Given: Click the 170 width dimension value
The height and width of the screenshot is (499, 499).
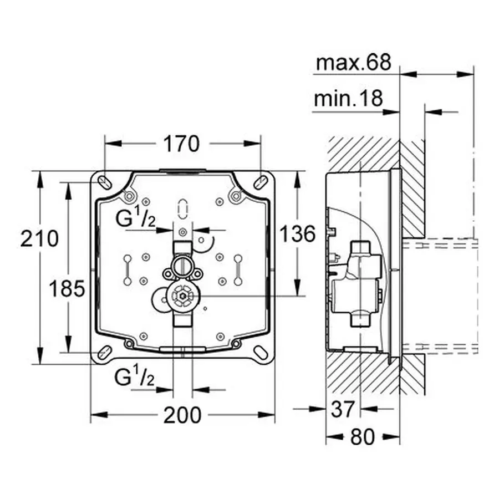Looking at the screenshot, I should pos(181,144).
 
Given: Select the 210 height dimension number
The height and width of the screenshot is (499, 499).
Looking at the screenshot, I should pos(39,239).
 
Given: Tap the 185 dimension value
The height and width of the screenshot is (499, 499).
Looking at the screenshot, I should pos(66,288).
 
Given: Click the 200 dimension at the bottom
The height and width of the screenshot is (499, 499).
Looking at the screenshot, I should pos(182,415).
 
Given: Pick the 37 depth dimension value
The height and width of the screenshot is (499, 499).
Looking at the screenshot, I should pos(342,410).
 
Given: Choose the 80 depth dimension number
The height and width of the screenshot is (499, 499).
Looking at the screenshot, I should pos(363,437).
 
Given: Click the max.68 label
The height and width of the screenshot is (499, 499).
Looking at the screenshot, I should pos(353,63).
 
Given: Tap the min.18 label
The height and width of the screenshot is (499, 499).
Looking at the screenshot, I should pos(348,99).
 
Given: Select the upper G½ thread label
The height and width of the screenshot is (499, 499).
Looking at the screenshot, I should pos(135,219).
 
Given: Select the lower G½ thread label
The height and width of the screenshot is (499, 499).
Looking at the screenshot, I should pos(134,378).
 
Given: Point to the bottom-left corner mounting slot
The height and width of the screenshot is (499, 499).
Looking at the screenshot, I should pos(104,351).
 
